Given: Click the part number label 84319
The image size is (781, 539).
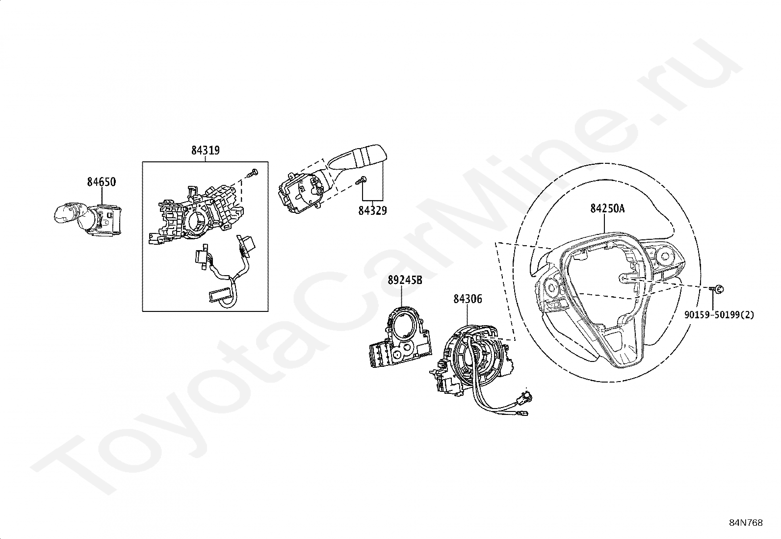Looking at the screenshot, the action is click(x=205, y=151).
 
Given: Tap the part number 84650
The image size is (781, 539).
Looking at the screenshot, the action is click(x=101, y=182).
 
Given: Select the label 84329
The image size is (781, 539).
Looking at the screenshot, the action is click(x=372, y=211).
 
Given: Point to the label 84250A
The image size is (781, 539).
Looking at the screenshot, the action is click(x=607, y=208).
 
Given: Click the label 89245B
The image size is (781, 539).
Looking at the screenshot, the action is click(x=405, y=280).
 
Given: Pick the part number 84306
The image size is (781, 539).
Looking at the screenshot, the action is click(x=467, y=298).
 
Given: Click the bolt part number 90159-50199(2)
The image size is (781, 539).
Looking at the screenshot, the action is click(x=719, y=314).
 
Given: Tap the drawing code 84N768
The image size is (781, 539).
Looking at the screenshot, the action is click(x=746, y=523).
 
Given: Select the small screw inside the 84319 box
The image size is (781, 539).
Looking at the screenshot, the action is click(x=253, y=173).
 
